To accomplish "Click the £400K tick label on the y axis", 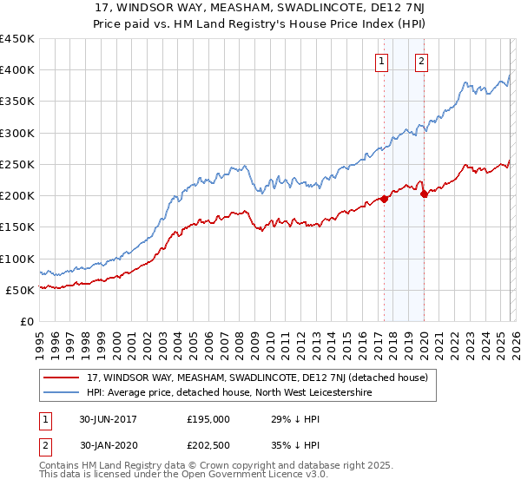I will click(x=17, y=70).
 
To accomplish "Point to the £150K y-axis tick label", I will click(x=17, y=227).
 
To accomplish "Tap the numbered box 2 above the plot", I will click(x=421, y=61).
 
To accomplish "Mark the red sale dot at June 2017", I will click(x=383, y=199).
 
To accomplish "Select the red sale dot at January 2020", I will click(x=423, y=194).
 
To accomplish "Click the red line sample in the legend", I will click(x=63, y=378).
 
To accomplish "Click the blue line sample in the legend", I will click(x=63, y=393).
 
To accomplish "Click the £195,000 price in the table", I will click(x=208, y=419).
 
